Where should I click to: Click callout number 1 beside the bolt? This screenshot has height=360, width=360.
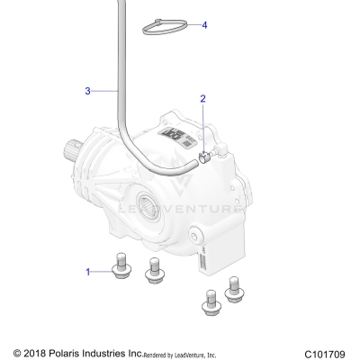[88, 271]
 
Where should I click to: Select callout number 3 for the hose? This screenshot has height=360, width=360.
[87, 91]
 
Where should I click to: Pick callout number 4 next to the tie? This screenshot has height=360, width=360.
[204, 25]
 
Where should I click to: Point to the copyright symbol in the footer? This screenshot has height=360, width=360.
[17, 352]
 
